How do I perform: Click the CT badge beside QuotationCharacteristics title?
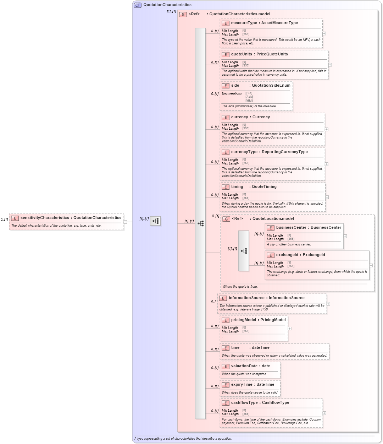tap(138, 5)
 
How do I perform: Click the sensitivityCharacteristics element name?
tap(45, 218)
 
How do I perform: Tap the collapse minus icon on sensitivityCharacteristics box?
tap(125, 222)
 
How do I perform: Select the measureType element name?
tap(244, 23)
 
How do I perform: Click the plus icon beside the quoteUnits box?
tap(330, 65)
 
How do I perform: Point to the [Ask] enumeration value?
tap(249, 97)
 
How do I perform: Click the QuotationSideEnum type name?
tap(271, 86)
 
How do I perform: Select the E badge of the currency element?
tap(226, 117)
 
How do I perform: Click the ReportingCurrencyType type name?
tap(285, 152)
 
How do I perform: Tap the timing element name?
tap(237, 187)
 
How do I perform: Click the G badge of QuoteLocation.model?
tap(226, 219)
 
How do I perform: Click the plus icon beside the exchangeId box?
tap(371, 265)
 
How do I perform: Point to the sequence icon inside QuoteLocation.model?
tap(244, 251)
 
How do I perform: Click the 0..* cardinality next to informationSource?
tap(214, 302)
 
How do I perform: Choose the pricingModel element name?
tap(244, 320)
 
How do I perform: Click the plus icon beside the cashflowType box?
tap(324, 413)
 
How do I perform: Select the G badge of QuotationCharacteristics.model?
tap(183, 14)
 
